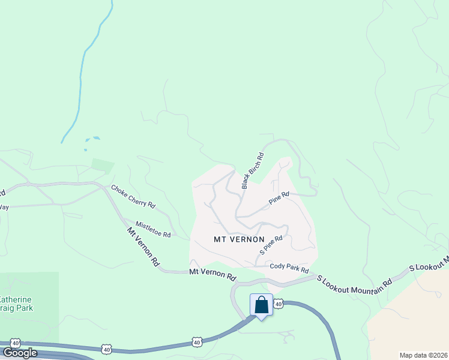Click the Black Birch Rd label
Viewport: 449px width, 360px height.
pos(253,170)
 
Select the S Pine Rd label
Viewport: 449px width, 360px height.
pos(271,244)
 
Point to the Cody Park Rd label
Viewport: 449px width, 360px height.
pos(289,269)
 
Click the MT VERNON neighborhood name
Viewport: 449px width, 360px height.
pos(239,239)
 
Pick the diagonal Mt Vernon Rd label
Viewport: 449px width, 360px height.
pos(143,246)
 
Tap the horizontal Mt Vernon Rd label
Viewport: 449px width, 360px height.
pos(212,274)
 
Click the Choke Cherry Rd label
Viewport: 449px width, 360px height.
pos(133,196)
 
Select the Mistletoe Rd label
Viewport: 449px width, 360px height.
pos(153,229)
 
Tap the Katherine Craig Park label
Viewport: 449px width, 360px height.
pos(16,304)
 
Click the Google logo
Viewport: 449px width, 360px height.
pos(20,353)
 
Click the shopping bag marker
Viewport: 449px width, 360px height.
pos(261,305)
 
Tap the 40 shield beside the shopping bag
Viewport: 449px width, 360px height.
pos(279,305)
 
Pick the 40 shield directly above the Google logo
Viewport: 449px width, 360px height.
pos(15,343)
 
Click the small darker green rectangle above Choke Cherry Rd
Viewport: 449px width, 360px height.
pos(102,166)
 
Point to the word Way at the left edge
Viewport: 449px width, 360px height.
pos(4,207)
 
